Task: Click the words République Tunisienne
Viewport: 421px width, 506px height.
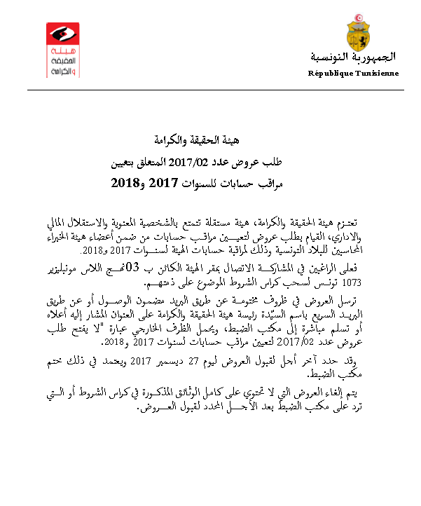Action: click(x=354, y=73)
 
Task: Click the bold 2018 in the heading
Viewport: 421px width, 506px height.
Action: click(x=126, y=185)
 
